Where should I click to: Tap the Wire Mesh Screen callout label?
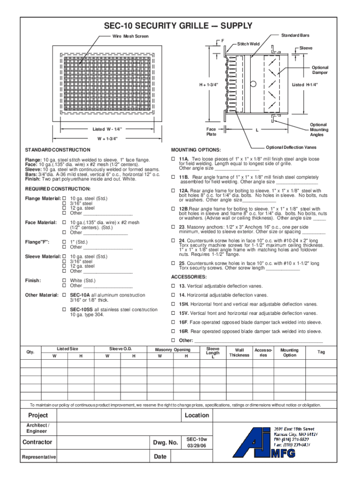point(130,36)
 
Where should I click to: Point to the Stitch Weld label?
point(248,44)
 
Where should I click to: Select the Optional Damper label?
point(320,70)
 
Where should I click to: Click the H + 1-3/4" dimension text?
point(209,85)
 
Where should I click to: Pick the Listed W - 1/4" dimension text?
point(106,129)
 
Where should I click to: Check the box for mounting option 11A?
point(173,159)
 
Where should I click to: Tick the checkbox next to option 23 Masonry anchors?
point(173,227)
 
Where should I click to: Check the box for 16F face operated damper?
point(173,322)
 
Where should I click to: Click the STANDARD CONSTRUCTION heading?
point(58,150)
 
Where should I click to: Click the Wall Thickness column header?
point(239,352)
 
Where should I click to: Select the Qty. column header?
point(31,352)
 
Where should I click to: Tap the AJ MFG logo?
point(257,442)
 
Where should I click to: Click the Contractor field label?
point(37,443)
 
